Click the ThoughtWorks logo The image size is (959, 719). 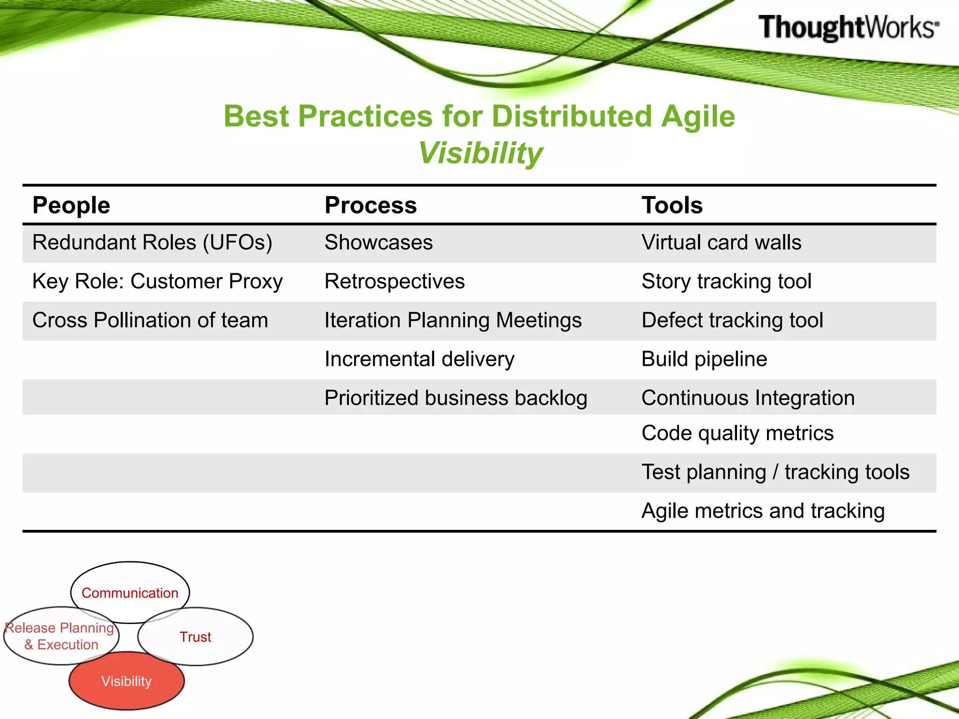click(848, 27)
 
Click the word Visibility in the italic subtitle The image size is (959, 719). click(480, 153)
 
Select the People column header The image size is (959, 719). click(71, 205)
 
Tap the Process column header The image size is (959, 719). click(370, 205)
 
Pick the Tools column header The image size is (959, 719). click(672, 205)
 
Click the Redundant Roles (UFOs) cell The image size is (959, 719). click(152, 242)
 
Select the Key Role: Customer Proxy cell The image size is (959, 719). click(157, 281)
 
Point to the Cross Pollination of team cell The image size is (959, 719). click(150, 320)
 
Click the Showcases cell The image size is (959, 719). click(378, 242)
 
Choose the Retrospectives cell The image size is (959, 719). click(394, 281)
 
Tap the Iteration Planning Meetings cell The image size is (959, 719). click(453, 320)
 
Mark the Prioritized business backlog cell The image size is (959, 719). click(456, 398)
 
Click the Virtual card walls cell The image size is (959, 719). click(721, 242)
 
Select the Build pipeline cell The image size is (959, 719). click(704, 359)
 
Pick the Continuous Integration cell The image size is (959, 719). click(748, 398)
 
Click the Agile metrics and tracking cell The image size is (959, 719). click(763, 511)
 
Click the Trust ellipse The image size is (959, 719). click(196, 637)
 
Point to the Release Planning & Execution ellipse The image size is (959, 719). click(61, 636)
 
